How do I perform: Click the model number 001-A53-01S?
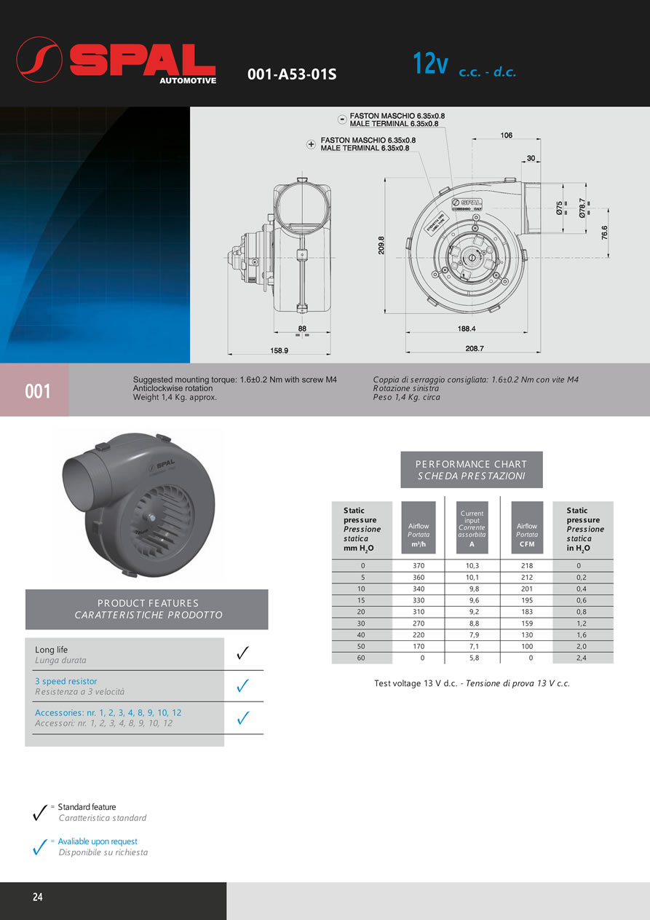point(292,74)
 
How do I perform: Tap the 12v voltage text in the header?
point(430,63)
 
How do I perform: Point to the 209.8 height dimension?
point(381,246)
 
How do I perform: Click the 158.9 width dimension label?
point(280,350)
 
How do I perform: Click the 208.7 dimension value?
point(475,348)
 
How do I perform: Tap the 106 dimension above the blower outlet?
point(507,135)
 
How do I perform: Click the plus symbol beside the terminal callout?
point(312,144)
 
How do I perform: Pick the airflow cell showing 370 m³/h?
point(419,566)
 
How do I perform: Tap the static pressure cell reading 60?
point(362,658)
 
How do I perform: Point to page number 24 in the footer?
point(38,897)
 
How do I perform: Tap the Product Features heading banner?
point(147,609)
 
